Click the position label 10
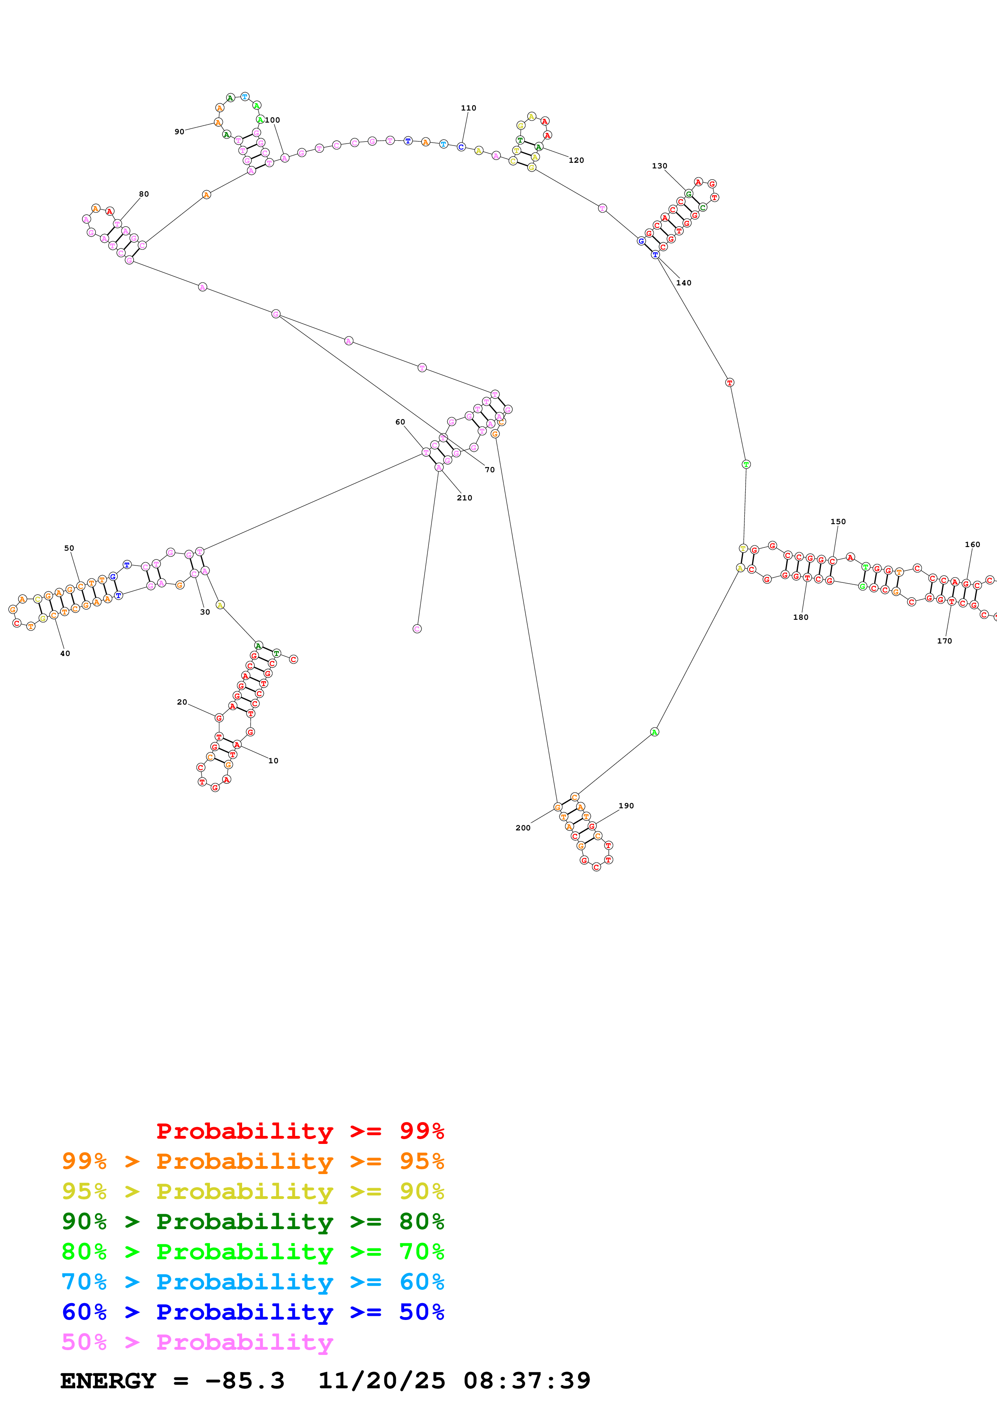coord(273,761)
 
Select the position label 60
coord(400,422)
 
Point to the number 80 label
coord(144,194)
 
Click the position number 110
coord(468,108)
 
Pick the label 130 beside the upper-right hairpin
coord(659,166)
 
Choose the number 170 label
coord(944,641)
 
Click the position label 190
coord(626,806)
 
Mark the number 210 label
coord(465,498)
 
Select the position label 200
coord(523,828)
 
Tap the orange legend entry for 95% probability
coord(253,1161)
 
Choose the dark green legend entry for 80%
coord(253,1221)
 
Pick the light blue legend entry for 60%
coord(253,1282)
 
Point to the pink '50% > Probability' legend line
coord(197,1342)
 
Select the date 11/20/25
coord(382,1381)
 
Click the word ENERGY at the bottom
coord(108,1381)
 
